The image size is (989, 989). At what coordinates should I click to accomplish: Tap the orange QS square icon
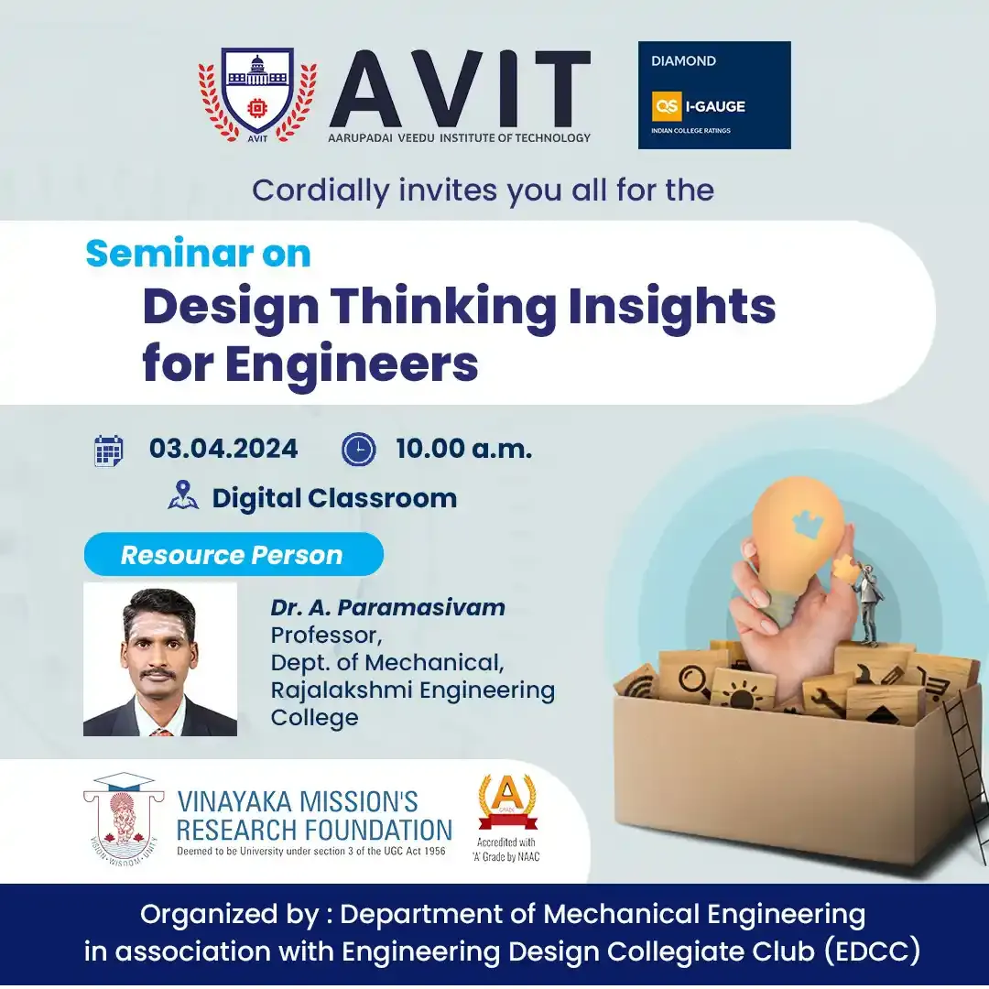coord(666,106)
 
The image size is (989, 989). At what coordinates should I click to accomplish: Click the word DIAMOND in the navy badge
coord(683,61)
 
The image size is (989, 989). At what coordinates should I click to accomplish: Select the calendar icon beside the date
coord(108,451)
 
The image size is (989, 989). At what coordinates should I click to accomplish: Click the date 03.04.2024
coord(223,449)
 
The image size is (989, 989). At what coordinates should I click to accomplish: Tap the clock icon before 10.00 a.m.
coord(358,450)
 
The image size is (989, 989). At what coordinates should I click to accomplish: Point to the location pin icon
coord(183,495)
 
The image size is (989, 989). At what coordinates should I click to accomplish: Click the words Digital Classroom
coord(334,498)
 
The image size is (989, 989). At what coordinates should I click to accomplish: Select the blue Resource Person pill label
coord(234,554)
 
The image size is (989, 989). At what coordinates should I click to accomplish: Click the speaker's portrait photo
coord(160,658)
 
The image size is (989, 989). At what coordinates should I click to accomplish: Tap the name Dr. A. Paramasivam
coord(388,607)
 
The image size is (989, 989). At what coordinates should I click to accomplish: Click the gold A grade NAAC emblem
coord(507,803)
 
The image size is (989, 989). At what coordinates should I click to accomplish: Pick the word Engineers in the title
coord(352,364)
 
